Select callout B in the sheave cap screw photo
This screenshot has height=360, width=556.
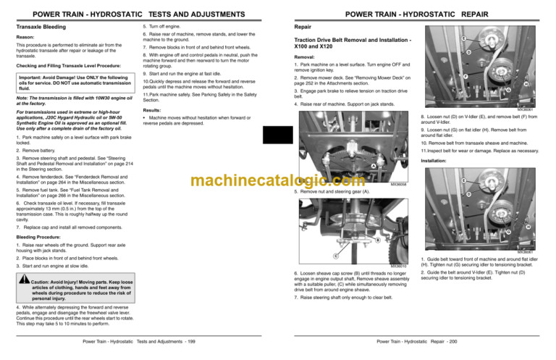pos(377,240)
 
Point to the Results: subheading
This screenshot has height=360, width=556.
pos(154,110)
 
